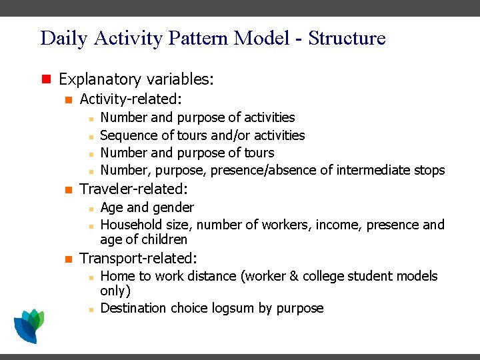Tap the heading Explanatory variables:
tap(136, 79)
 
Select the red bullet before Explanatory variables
tap(46, 79)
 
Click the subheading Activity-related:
tap(131, 99)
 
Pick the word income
tap(337, 225)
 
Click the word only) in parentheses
tap(115, 291)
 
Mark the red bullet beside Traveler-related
tap(67, 189)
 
